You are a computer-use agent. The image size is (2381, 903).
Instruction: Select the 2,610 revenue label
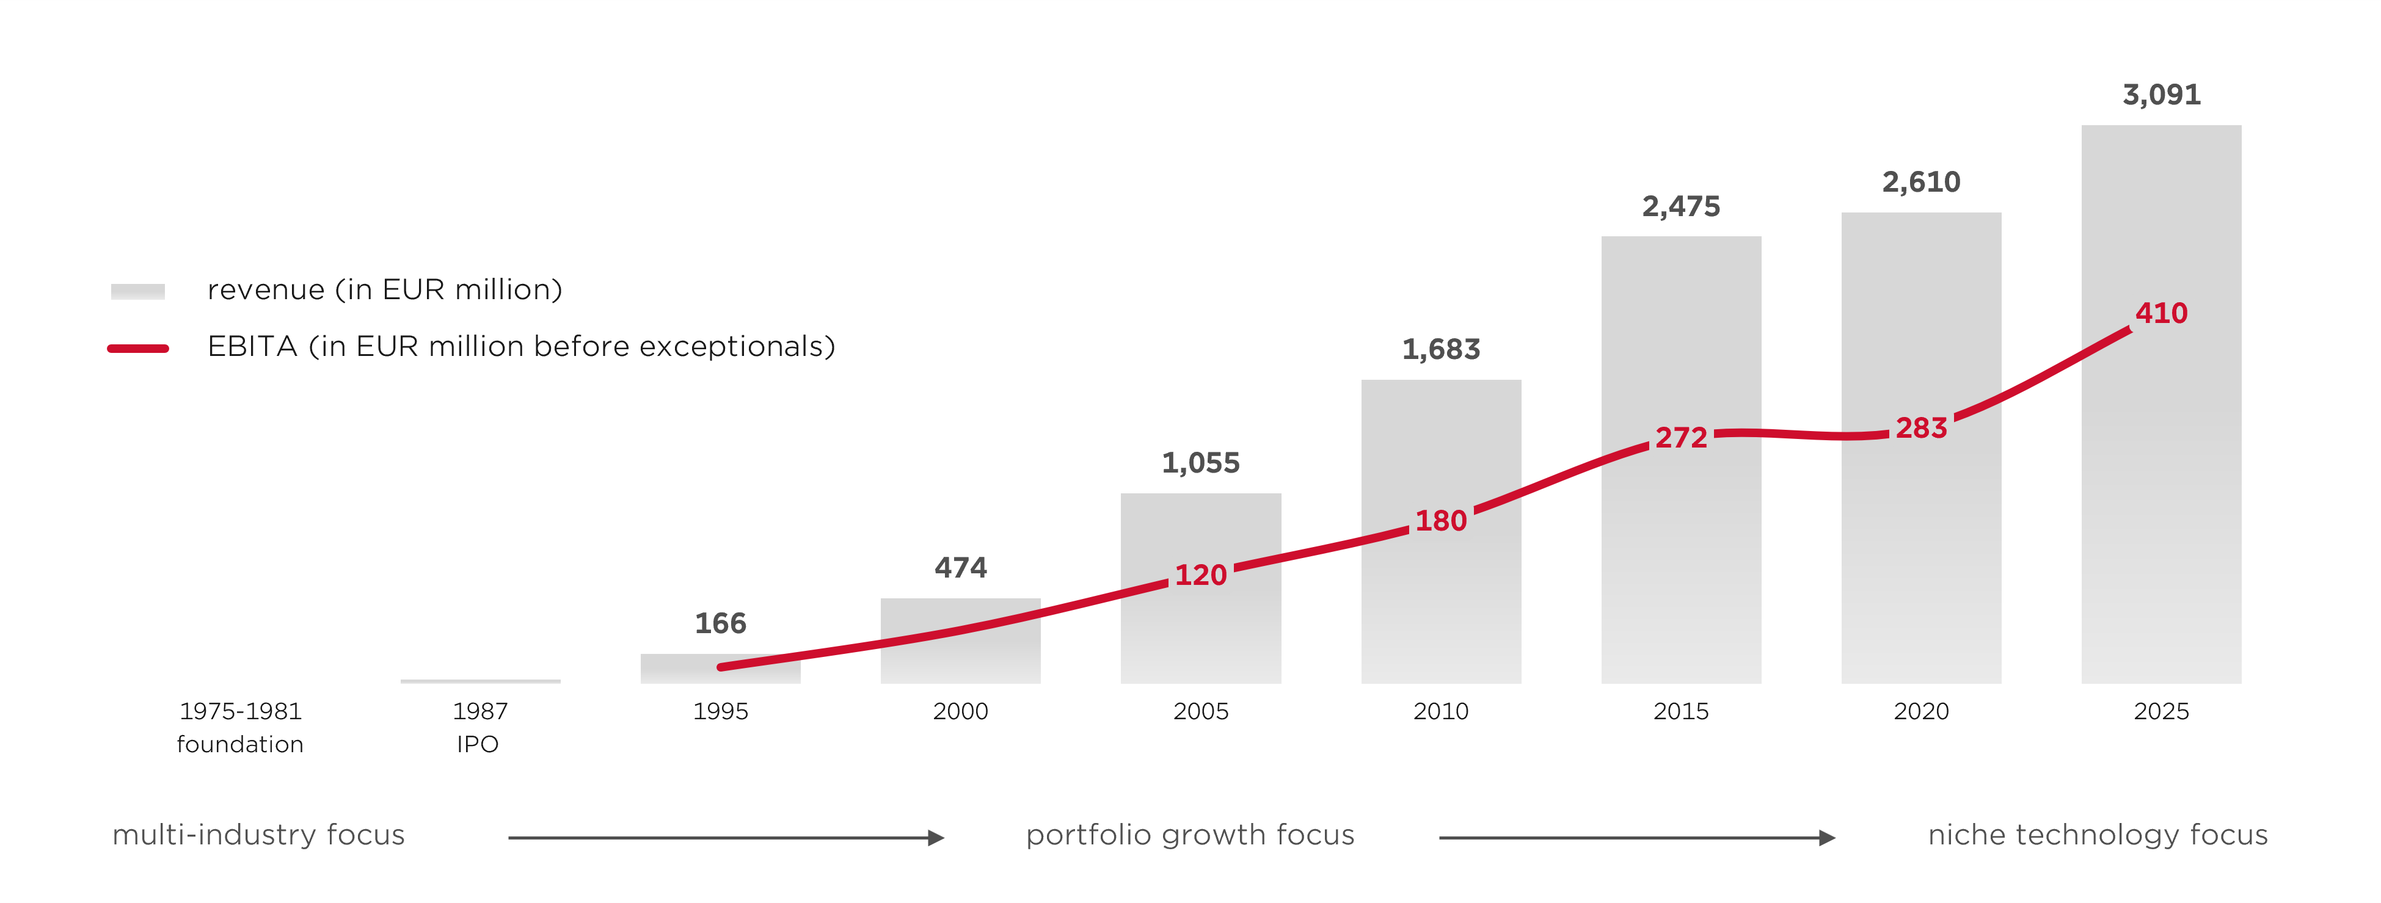pos(1920,182)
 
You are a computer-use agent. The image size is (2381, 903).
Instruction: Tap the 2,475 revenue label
pos(1680,206)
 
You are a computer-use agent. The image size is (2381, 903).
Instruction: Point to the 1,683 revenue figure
pos(1441,349)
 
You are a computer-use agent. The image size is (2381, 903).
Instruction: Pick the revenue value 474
pos(960,567)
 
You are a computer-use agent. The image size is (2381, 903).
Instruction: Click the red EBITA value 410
pos(2161,313)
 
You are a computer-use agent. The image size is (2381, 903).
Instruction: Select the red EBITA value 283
pos(1920,428)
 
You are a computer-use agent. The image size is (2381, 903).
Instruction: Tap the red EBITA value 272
pos(1680,437)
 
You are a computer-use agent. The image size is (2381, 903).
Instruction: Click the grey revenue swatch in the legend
pos(137,291)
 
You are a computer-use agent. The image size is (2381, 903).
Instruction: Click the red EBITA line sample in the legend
pos(137,349)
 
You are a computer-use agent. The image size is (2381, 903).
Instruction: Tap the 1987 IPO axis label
pos(479,727)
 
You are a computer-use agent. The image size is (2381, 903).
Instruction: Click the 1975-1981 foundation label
pos(240,727)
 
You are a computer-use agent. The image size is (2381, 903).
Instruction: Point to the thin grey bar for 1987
pos(479,681)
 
